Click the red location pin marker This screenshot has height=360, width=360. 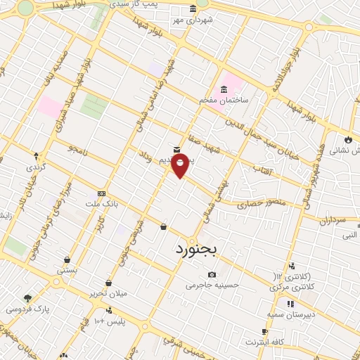coord(181,167)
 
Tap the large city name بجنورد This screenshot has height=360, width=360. coord(198,250)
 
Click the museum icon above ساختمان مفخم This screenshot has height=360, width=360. coord(224,89)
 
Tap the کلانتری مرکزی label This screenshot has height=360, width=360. coord(292,282)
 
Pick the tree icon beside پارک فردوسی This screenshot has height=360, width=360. coord(28,299)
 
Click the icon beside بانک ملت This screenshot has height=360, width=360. coord(102,193)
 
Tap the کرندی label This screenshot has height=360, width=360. coord(34,167)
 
